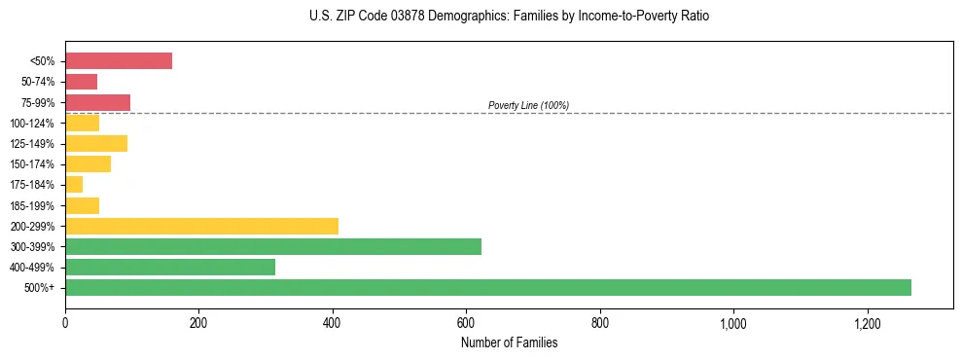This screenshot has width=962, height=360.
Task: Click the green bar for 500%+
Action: tap(487, 288)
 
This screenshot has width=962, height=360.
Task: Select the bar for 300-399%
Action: tap(273, 246)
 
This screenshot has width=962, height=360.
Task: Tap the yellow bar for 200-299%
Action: tap(201, 226)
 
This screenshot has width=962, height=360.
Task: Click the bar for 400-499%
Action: tap(170, 268)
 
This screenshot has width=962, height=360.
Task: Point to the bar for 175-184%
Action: tap(74, 185)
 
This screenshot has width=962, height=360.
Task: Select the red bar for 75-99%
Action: tap(97, 102)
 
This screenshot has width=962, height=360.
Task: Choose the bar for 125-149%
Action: tap(96, 143)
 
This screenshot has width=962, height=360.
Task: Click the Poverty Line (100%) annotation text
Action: tap(528, 105)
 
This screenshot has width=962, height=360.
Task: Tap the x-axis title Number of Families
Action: tap(509, 342)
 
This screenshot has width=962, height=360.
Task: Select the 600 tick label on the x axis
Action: tap(466, 323)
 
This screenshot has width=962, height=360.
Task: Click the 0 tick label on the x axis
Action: tap(65, 323)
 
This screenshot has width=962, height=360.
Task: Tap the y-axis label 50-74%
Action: tap(39, 82)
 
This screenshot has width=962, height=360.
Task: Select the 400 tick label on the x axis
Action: tap(333, 323)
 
